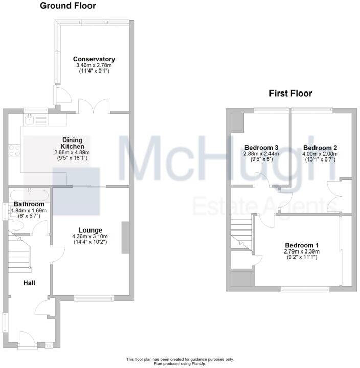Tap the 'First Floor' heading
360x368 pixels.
[x=290, y=93]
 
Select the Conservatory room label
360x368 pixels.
[x=94, y=59]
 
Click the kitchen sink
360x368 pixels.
[x=30, y=120]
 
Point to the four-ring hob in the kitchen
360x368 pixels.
[x=14, y=150]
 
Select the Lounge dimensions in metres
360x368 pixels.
[x=90, y=237]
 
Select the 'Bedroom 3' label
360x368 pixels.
[x=261, y=147]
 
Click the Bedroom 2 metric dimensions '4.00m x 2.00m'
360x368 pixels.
[x=320, y=154]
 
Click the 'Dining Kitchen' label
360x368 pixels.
[x=72, y=143]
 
